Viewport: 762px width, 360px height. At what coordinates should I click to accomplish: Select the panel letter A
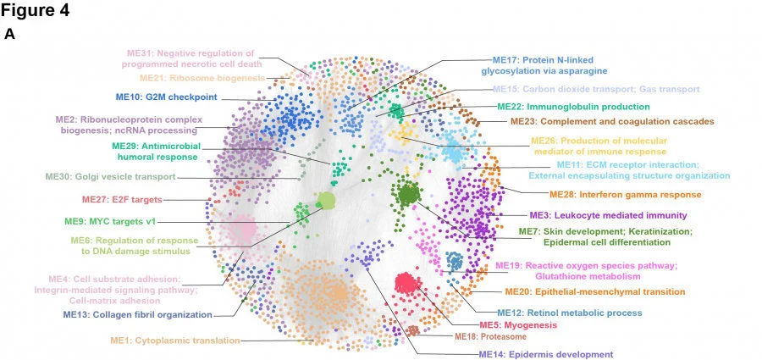pyautogui.click(x=10, y=34)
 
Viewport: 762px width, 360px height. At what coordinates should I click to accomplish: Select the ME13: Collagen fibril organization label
pyautogui.click(x=137, y=314)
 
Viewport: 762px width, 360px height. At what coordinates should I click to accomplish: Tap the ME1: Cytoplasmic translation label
pyautogui.click(x=174, y=340)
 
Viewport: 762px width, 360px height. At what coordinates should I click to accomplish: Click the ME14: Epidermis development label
pyautogui.click(x=545, y=354)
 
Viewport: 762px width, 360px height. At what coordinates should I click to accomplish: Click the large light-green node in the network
pyautogui.click(x=326, y=201)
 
